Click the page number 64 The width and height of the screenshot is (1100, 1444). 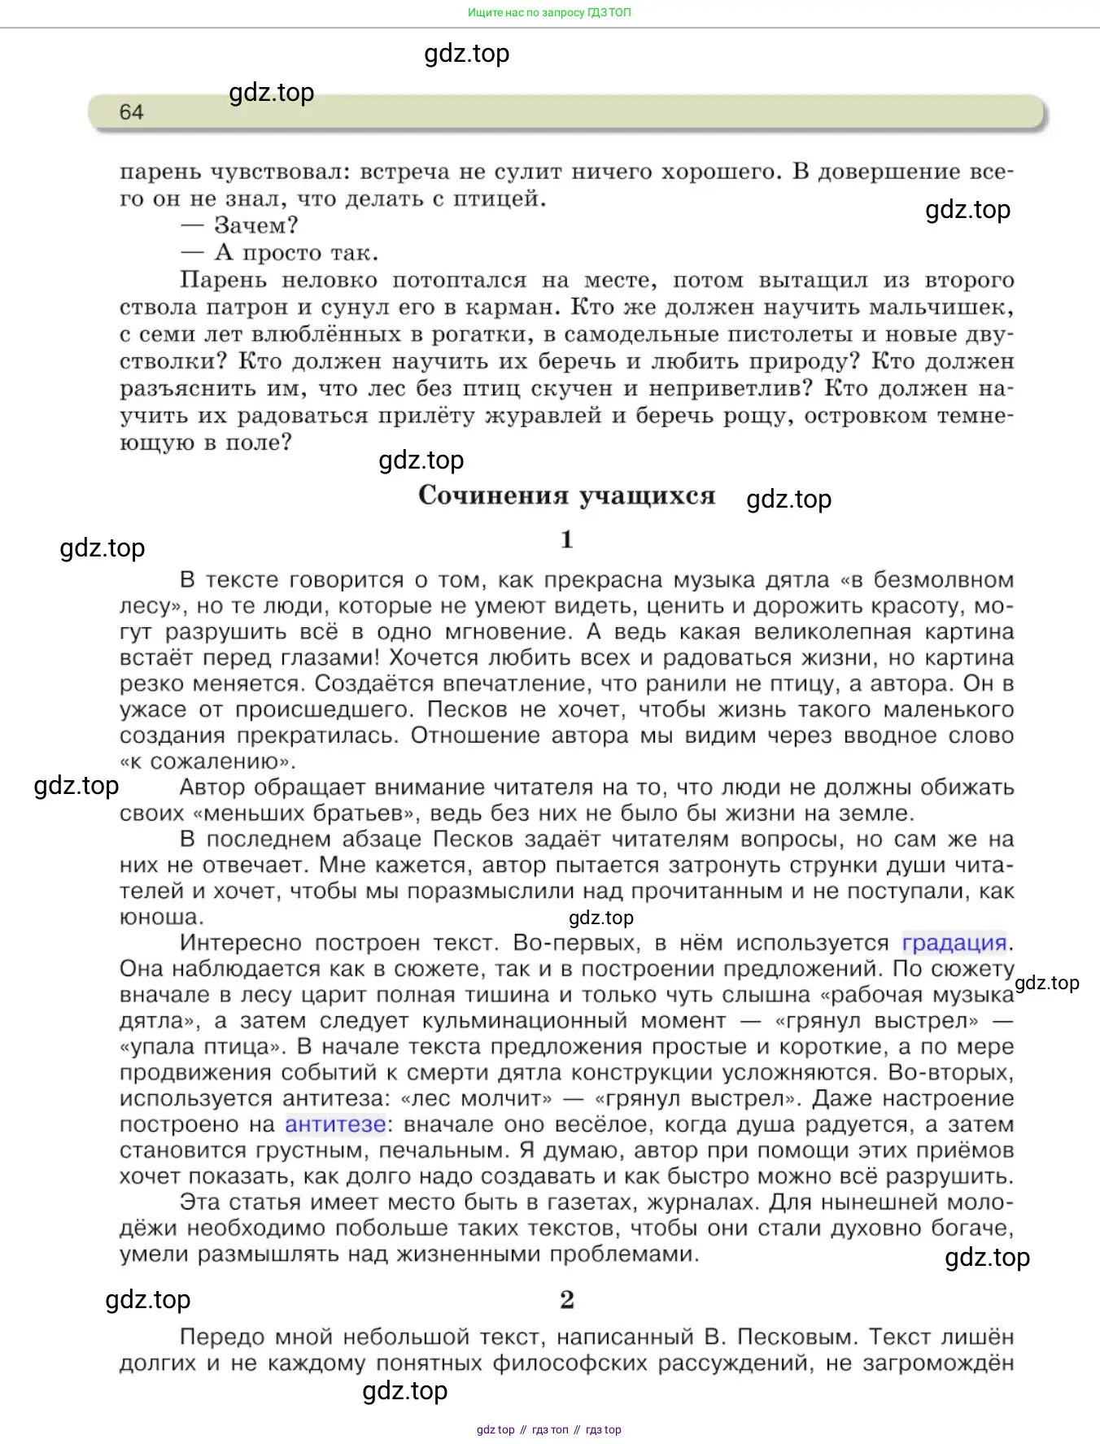[x=131, y=112]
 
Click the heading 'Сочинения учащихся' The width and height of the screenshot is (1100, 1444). [x=566, y=495]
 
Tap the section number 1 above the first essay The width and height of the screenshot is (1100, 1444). [x=567, y=539]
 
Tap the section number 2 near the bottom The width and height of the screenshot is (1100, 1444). [x=567, y=1299]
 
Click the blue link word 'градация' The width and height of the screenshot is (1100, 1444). [x=954, y=943]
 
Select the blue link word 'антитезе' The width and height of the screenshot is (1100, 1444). [x=335, y=1124]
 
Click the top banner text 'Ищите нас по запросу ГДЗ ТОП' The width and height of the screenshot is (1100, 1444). [x=549, y=12]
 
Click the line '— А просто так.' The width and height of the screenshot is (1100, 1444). [x=280, y=252]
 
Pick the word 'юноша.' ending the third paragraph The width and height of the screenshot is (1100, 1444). [x=161, y=917]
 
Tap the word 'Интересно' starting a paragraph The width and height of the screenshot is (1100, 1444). [x=240, y=943]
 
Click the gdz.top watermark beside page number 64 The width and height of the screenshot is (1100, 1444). [x=272, y=93]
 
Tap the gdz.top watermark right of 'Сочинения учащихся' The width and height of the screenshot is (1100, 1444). [x=789, y=499]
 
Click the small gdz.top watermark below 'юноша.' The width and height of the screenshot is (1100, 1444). [x=601, y=918]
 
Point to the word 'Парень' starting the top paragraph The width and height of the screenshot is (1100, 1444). [x=223, y=280]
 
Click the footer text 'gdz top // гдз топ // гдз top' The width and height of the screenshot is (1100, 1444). [x=549, y=1429]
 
